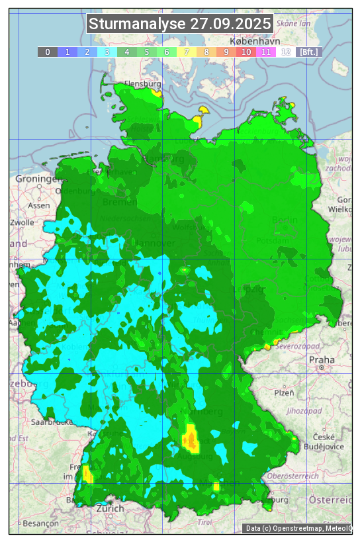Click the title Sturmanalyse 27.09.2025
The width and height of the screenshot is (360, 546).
(x=180, y=24)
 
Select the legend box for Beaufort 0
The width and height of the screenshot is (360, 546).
(x=48, y=52)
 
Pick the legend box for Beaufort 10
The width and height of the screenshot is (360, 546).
(x=246, y=52)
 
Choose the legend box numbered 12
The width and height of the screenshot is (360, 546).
(x=286, y=52)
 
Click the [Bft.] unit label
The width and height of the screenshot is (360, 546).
(x=308, y=52)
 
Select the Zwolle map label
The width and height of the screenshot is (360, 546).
(x=22, y=222)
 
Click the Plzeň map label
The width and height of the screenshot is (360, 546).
(x=285, y=392)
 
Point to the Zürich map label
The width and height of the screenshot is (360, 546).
(x=110, y=508)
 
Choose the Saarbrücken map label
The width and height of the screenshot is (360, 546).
(x=50, y=421)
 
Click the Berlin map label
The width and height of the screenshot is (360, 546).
(x=285, y=220)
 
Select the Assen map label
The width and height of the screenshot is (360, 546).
(x=38, y=205)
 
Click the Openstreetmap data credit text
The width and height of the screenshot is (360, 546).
(x=298, y=528)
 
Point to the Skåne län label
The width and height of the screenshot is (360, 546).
(x=294, y=23)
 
